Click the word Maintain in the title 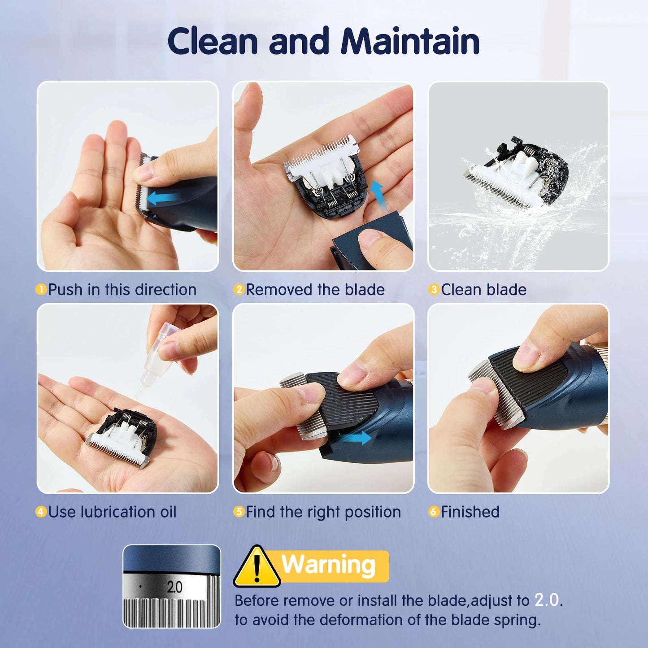click(x=410, y=41)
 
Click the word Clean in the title click(x=213, y=41)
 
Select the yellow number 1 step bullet click(x=41, y=290)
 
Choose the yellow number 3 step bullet click(x=433, y=290)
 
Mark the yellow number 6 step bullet click(x=433, y=512)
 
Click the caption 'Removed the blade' click(x=315, y=290)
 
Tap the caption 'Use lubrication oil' click(x=112, y=512)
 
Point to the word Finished click(x=470, y=512)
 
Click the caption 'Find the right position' click(x=323, y=512)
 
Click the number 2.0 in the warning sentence click(x=548, y=600)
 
